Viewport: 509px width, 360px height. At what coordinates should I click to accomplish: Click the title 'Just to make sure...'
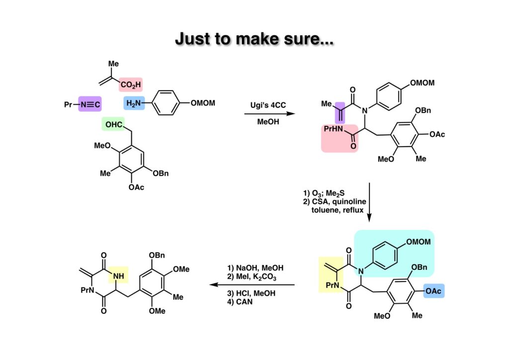254,38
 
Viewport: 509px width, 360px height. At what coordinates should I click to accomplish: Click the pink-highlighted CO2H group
130,85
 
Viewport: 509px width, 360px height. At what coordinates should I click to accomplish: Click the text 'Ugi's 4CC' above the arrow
268,105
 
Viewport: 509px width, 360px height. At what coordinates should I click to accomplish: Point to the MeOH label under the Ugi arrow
268,122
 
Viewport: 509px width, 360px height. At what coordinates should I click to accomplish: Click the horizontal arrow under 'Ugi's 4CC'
268,114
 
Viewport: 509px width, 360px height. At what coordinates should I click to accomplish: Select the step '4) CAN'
238,301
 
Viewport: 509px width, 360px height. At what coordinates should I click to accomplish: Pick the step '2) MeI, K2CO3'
249,277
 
